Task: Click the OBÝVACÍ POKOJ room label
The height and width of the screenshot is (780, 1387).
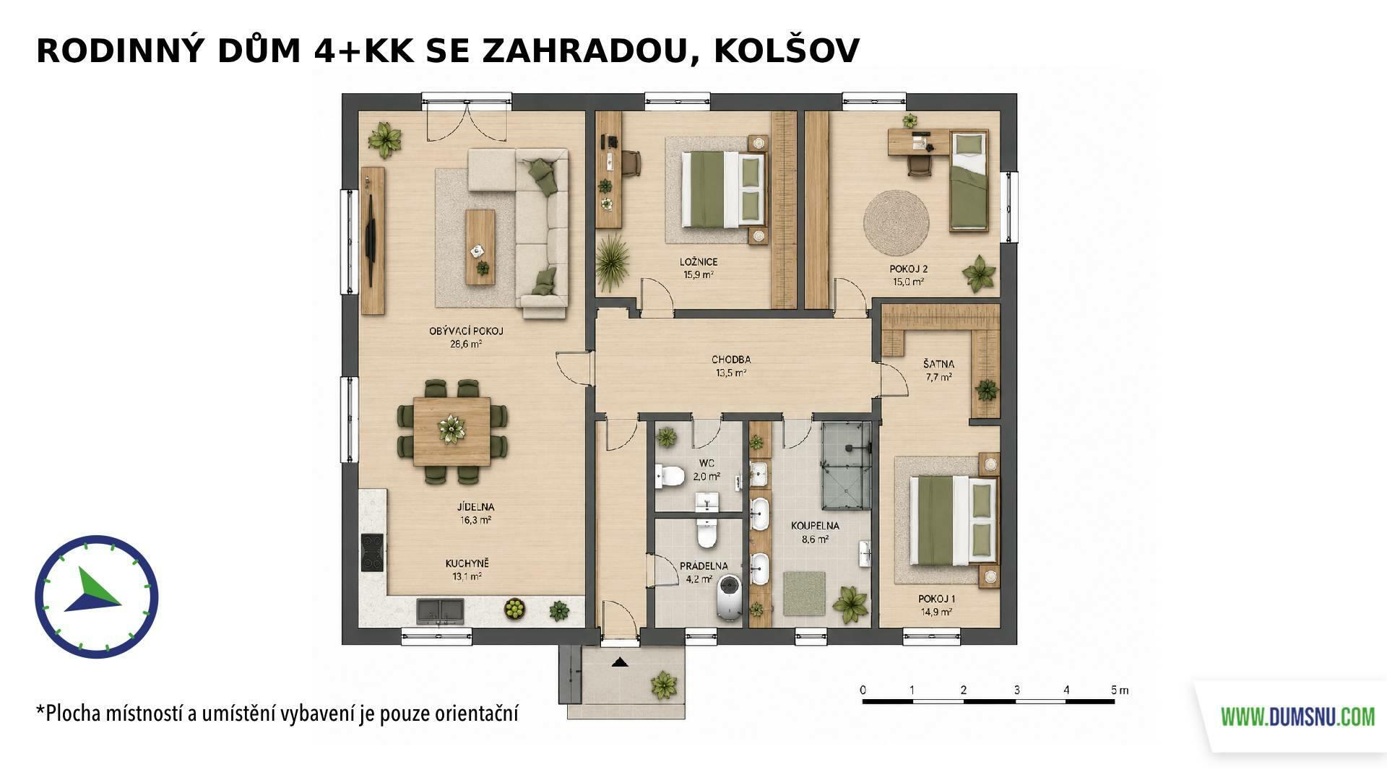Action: [466, 331]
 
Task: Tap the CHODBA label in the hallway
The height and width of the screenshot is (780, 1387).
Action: [731, 360]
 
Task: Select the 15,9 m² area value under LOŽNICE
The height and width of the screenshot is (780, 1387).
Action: [699, 274]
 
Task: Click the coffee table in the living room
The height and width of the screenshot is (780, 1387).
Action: [480, 247]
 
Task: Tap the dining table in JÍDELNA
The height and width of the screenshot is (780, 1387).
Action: [452, 431]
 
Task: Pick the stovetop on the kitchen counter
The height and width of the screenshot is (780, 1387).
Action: [373, 552]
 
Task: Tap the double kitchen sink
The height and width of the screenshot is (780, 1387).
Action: [440, 611]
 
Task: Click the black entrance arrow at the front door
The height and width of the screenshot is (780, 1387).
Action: [619, 662]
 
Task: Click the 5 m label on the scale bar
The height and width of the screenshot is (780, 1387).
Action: [1120, 690]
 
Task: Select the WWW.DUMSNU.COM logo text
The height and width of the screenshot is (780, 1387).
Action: [1297, 717]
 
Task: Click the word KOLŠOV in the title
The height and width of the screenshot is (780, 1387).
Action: [786, 51]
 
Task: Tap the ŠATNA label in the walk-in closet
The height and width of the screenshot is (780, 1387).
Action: [938, 364]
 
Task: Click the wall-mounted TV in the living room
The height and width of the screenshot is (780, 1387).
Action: [371, 226]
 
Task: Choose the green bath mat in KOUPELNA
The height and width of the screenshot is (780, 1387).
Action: [804, 594]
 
